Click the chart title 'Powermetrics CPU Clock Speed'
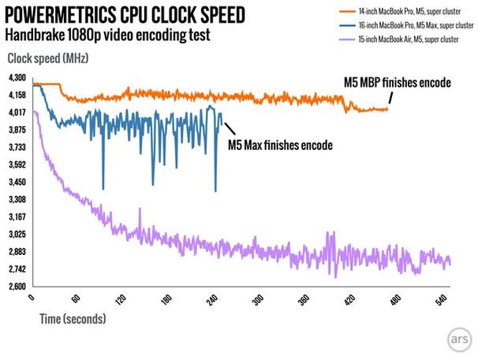coord(125,15)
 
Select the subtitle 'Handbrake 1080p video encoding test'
coord(107,35)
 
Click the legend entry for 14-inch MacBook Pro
coord(400,12)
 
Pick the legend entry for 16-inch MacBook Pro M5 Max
coord(406,25)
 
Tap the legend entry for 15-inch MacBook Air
coord(399,39)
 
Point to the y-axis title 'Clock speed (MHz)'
coord(48,58)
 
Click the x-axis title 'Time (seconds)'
coord(73,319)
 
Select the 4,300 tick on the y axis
coord(17,78)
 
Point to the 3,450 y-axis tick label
coord(17,182)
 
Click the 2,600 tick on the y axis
coord(17,287)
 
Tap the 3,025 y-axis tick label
coord(17,234)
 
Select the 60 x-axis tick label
coord(76,298)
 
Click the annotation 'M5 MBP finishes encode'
coord(398,82)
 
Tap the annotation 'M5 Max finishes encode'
coord(281,145)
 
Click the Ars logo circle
coord(459,339)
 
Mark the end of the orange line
coord(387,109)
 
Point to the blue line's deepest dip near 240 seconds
coord(215,191)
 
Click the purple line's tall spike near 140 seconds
coord(140,208)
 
